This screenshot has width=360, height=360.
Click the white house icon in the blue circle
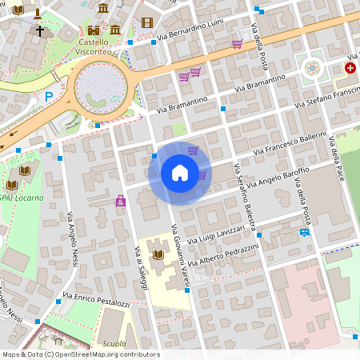tap(180, 173)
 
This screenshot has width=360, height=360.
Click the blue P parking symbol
tap(49, 96)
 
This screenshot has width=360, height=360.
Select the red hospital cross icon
tap(350, 69)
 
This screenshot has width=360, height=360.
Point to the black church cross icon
tap(39, 31)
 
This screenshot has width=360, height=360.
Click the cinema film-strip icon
tap(146, 22)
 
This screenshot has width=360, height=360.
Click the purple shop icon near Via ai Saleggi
tap(121, 201)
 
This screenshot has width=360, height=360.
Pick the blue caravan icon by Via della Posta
tap(305, 232)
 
